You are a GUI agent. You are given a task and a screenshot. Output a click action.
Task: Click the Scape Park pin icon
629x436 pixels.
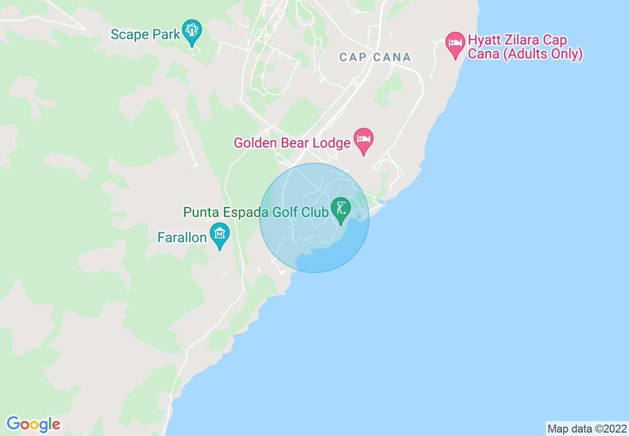click(x=191, y=31)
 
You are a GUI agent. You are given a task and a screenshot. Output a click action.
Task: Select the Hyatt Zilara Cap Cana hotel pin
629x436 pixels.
click(x=455, y=43)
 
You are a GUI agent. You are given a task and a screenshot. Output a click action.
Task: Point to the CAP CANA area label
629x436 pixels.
click(x=376, y=57)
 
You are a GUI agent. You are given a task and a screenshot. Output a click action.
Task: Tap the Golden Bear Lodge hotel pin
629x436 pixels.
click(x=363, y=139)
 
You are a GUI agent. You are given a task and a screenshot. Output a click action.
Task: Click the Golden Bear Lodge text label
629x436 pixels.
click(x=292, y=143)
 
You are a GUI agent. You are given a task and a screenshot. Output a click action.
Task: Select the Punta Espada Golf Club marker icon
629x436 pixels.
click(x=341, y=209)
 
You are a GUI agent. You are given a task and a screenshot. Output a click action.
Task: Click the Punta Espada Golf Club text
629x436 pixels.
click(x=255, y=213)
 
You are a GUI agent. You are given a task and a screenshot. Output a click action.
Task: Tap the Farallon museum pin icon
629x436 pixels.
click(x=219, y=233)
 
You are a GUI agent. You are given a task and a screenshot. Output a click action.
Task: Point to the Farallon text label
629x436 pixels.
click(x=182, y=238)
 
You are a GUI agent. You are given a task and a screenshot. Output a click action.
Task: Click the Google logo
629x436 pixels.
click(x=33, y=424)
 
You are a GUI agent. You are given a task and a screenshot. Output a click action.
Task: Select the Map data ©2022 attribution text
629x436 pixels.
click(x=587, y=429)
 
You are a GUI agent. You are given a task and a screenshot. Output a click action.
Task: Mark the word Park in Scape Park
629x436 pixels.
click(x=166, y=35)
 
